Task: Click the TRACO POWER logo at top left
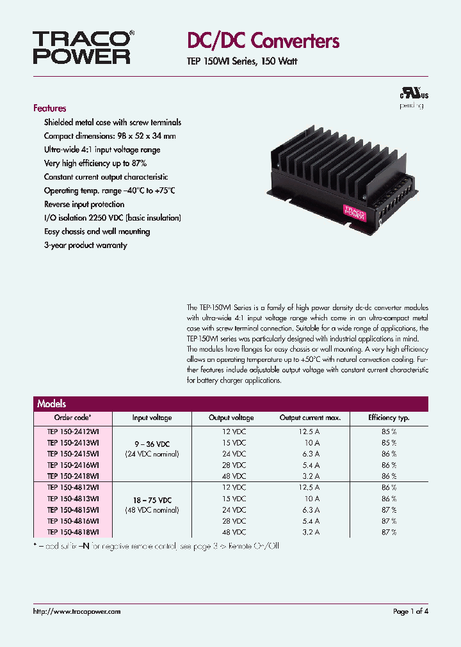83,47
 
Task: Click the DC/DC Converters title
263,42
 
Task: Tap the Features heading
50,108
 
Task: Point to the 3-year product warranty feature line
85,246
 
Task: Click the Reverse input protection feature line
84,205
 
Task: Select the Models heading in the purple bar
52,404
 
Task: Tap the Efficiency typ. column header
389,417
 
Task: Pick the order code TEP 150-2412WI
73,432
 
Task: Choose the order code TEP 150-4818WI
73,532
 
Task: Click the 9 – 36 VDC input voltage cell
152,443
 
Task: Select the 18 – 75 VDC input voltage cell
152,499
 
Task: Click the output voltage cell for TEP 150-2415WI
231,454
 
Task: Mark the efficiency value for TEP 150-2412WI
389,432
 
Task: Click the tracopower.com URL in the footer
76,612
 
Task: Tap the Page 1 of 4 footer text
410,612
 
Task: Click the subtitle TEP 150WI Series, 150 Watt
241,62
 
